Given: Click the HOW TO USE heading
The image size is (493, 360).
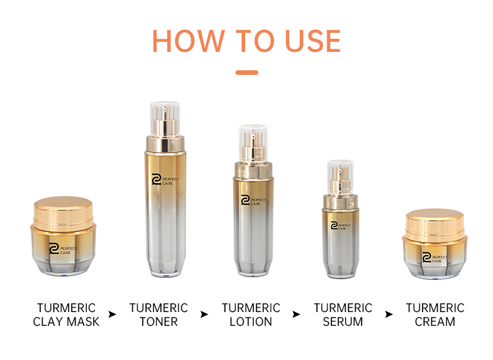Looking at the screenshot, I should click(246, 41).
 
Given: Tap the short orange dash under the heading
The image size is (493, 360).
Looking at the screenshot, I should click(246, 72).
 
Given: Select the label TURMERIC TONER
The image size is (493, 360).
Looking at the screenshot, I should click(158, 315).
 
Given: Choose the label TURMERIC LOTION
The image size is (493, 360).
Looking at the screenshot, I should click(250, 315).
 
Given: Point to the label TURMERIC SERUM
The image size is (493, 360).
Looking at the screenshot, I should click(342, 315).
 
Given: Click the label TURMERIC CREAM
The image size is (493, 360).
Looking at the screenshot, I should click(434, 315).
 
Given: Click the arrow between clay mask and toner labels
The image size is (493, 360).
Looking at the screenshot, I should click(112, 315).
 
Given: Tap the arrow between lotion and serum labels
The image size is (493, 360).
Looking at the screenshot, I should click(296, 315).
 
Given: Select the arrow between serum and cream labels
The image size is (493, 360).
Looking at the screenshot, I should click(388, 315).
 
